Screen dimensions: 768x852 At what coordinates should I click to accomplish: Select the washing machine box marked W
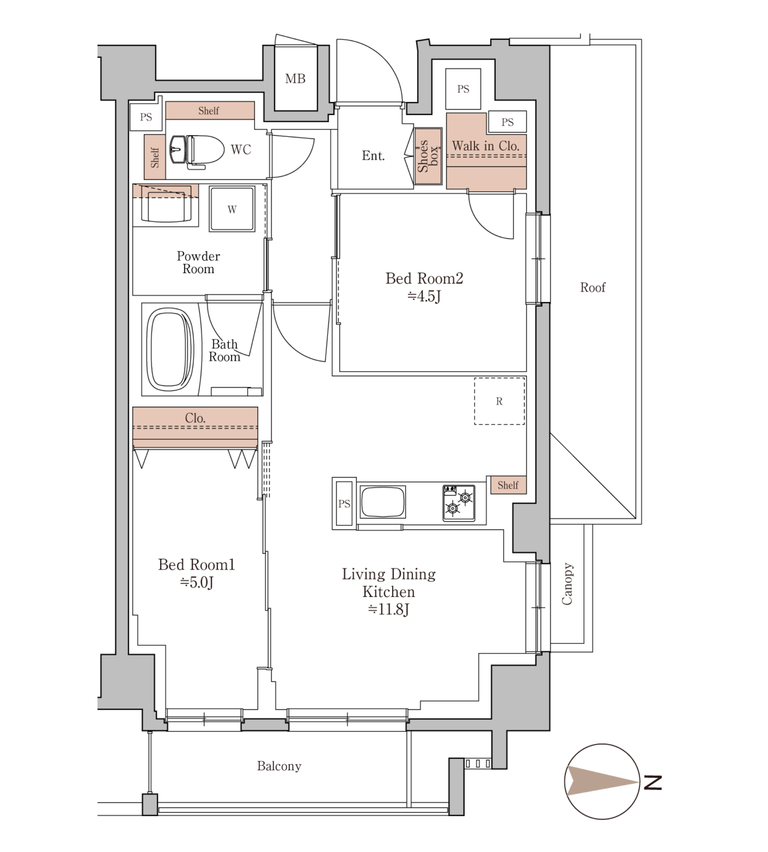(x=232, y=209)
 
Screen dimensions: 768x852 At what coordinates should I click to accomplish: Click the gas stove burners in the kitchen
(x=459, y=503)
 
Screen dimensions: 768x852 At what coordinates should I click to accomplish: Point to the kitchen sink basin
(x=383, y=502)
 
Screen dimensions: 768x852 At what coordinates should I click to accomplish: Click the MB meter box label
(x=295, y=78)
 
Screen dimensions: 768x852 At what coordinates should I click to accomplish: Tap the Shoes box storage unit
(x=428, y=156)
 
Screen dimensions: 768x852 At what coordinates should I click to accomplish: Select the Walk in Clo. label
(x=485, y=146)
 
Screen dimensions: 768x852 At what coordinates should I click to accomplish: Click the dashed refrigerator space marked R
(x=500, y=401)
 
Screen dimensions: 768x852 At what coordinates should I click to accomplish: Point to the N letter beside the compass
(x=653, y=783)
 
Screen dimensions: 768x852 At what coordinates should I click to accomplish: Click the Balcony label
(x=279, y=766)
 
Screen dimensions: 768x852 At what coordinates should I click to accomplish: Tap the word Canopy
(x=567, y=583)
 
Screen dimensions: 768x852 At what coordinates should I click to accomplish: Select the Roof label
(x=592, y=287)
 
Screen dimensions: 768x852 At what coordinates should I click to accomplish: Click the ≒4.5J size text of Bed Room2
(x=424, y=296)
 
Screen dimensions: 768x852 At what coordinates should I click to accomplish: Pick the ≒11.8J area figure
(x=388, y=610)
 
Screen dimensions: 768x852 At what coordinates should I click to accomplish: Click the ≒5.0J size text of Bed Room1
(x=196, y=583)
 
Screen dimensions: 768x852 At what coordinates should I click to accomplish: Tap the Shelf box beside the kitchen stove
(x=509, y=485)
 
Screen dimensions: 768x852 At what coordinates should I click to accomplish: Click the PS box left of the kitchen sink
(x=344, y=503)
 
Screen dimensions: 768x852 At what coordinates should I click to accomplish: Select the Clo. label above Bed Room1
(x=195, y=418)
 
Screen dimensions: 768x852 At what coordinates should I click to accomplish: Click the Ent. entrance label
(x=373, y=156)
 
